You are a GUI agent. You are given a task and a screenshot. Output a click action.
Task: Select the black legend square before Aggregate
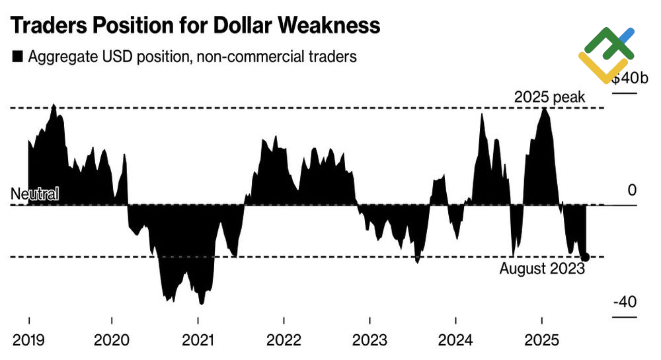[17, 57]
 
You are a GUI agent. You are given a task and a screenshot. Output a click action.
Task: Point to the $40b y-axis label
[625, 78]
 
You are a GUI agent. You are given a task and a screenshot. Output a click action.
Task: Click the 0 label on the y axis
[631, 191]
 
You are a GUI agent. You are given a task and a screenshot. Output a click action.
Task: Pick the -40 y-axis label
[625, 303]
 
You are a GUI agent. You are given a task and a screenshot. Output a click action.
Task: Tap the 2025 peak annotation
[549, 97]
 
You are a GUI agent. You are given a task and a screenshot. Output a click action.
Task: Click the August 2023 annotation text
[542, 269]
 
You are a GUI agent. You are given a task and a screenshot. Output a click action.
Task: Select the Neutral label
[35, 194]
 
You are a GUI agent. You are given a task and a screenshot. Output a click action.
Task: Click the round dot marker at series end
[584, 257]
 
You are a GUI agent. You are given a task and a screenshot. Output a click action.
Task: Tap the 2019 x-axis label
[28, 341]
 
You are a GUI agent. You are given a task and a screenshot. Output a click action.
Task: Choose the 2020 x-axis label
[112, 341]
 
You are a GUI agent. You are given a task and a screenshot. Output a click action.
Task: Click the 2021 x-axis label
[198, 341]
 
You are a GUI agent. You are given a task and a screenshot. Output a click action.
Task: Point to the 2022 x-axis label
[284, 341]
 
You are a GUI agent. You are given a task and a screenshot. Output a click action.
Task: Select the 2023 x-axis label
[369, 341]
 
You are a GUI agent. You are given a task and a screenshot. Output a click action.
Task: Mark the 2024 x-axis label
[455, 341]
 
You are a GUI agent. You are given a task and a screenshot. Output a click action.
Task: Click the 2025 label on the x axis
[541, 341]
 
